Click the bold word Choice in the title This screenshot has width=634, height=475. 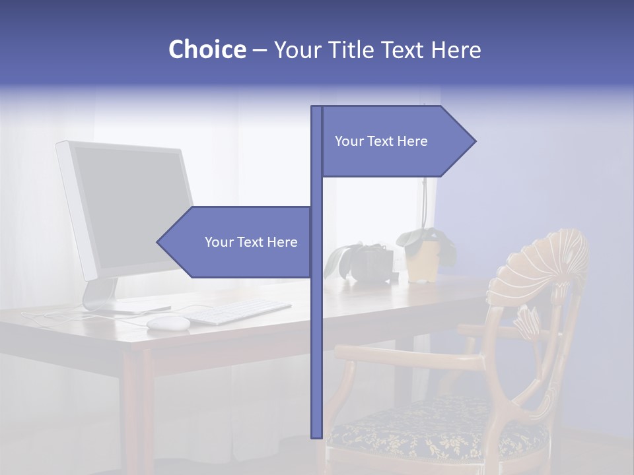[207, 49]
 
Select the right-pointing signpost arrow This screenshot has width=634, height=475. [396, 141]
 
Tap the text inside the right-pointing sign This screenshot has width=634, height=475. [381, 141]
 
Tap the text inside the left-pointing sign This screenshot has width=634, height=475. [251, 242]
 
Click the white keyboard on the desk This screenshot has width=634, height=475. [241, 311]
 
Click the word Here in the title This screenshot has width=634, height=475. [456, 49]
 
